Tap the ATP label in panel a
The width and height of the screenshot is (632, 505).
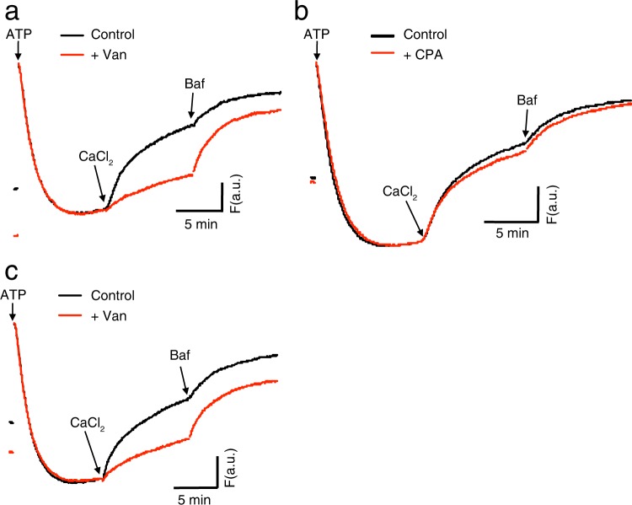(18, 37)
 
